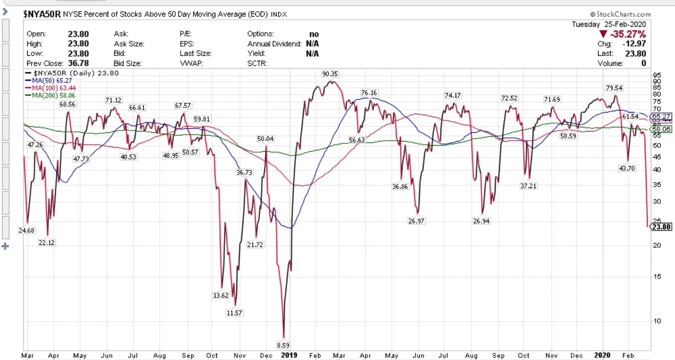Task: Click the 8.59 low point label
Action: tap(283, 345)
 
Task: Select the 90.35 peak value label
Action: tap(330, 74)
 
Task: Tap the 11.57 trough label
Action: tap(234, 313)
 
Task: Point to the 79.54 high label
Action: tap(614, 88)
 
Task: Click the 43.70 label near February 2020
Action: tap(627, 168)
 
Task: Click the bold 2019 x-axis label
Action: tap(289, 355)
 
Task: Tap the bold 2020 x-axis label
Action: tap(602, 355)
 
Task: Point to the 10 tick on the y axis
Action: tap(657, 321)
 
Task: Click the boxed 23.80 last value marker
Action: tap(661, 227)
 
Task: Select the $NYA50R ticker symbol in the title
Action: tap(42, 14)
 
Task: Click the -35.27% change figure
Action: tap(628, 34)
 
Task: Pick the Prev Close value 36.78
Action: tap(78, 63)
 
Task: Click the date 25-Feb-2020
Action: tap(625, 25)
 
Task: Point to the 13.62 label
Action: tap(221, 295)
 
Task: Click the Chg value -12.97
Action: tap(634, 44)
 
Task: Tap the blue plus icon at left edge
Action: tap(5, 247)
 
